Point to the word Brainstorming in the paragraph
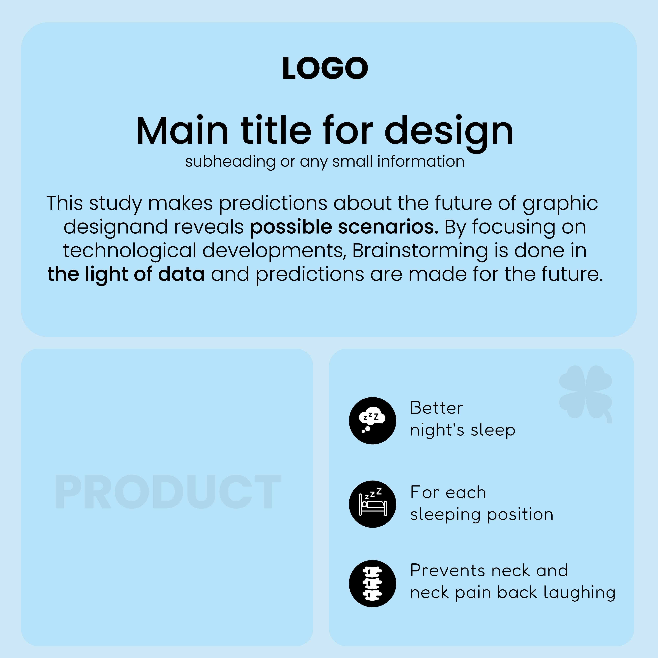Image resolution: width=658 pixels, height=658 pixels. (420, 251)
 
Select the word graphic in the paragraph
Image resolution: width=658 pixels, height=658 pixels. (560, 204)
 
